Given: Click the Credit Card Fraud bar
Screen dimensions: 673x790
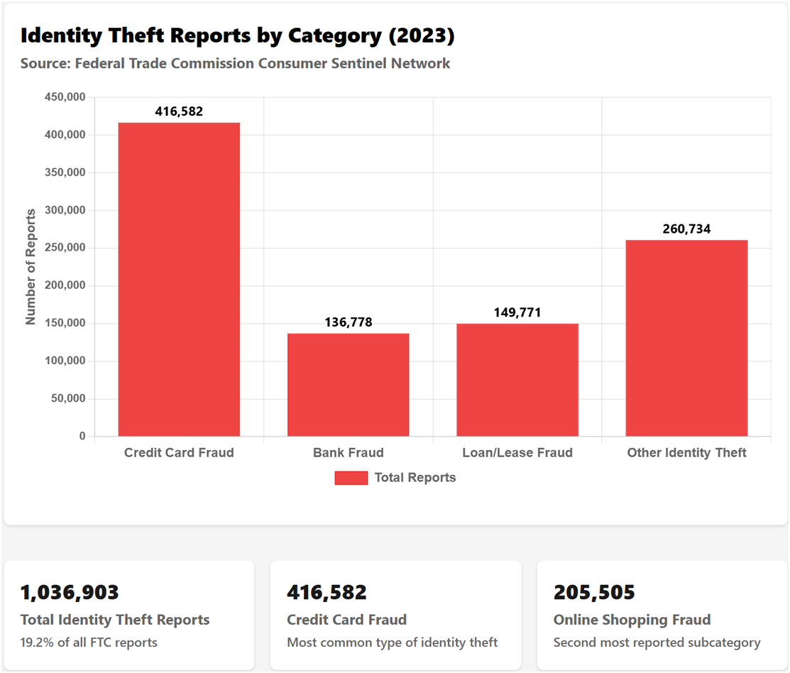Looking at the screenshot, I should (x=179, y=279).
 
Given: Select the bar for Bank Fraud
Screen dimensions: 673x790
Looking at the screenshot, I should (x=348, y=384).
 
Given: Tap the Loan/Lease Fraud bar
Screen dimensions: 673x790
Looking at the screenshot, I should (x=517, y=379).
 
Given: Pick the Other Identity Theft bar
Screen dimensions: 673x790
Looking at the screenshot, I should (x=686, y=338).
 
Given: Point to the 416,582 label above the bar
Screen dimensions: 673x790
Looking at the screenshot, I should (x=179, y=111).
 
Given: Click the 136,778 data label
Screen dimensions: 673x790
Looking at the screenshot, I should (x=348, y=322).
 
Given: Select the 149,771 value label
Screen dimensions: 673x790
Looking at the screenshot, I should (x=517, y=312).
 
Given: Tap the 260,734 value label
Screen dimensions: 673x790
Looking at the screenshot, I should (x=686, y=229).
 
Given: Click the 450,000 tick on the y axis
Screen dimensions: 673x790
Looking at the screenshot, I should (x=65, y=97).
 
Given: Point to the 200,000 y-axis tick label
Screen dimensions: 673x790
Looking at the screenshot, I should (x=65, y=285).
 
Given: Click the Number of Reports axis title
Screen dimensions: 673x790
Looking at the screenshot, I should (x=31, y=267).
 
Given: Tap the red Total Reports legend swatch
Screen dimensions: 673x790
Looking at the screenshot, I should (x=351, y=478).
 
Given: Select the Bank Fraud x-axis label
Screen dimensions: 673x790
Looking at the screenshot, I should (x=348, y=453).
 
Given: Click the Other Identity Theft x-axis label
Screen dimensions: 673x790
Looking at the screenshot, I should (x=686, y=453).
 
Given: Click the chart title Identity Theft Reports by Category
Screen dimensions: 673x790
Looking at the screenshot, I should (x=237, y=35).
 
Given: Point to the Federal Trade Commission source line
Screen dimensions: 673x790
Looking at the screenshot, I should (x=235, y=63).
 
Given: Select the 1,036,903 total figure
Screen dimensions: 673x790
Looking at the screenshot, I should (x=70, y=592).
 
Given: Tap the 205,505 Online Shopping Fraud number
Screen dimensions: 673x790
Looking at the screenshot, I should (x=594, y=592).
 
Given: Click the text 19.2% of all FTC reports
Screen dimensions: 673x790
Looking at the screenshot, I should (x=89, y=642).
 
